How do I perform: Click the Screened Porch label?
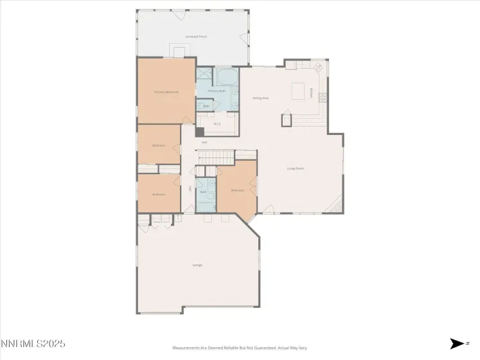tap(196, 37)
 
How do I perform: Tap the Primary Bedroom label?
tap(166, 92)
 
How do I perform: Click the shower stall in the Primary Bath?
tap(204, 74)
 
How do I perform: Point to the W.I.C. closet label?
tap(217, 124)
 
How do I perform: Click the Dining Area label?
tap(260, 98)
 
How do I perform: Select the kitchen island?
tap(299, 91)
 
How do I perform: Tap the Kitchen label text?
tap(312, 93)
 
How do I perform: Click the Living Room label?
tap(295, 168)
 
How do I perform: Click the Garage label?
tap(197, 264)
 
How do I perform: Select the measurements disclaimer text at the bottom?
tap(240, 348)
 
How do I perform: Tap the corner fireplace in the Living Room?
tap(335, 206)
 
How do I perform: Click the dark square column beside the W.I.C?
tap(200, 132)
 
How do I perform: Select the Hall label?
tap(204, 142)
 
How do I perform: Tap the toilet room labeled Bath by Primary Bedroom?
tap(206, 105)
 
